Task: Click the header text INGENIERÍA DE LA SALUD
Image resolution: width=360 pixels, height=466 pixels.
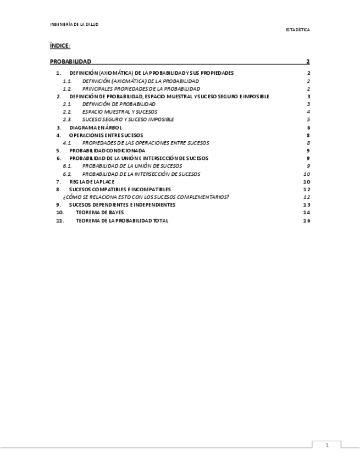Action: (x=74, y=25)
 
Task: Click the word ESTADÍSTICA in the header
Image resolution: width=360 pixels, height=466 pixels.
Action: (x=297, y=30)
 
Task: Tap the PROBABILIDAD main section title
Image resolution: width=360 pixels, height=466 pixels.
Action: (x=70, y=62)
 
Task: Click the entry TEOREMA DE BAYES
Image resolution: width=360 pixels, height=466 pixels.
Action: (x=99, y=212)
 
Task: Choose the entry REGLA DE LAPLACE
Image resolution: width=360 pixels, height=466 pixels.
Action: (x=92, y=181)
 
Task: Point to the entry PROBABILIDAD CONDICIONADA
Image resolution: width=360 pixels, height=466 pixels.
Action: (x=107, y=151)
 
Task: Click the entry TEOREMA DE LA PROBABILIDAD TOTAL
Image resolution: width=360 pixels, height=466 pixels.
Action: (x=122, y=220)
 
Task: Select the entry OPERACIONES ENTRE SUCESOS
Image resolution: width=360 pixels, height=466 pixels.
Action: (x=106, y=135)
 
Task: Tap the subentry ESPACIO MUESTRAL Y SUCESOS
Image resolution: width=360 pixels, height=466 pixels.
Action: (x=120, y=112)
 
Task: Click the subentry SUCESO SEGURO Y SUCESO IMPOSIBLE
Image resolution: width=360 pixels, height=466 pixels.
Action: (x=128, y=119)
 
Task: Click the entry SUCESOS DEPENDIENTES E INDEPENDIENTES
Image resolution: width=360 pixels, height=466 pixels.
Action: (x=122, y=204)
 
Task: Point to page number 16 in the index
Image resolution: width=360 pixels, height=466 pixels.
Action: (x=307, y=220)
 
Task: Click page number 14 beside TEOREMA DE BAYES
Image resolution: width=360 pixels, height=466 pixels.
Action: (x=307, y=212)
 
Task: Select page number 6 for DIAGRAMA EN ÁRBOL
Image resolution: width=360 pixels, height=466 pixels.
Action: (x=309, y=127)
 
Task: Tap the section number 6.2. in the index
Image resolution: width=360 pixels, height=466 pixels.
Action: (x=67, y=174)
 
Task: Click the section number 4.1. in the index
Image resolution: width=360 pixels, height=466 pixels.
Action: (x=67, y=143)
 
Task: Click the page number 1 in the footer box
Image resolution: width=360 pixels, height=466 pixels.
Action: (x=326, y=446)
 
